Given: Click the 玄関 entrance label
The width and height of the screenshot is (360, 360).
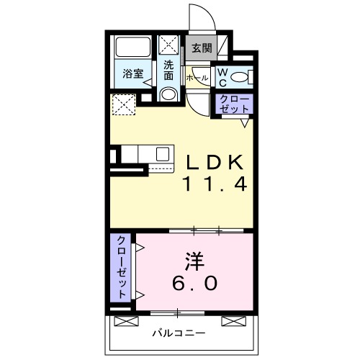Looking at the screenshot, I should point(202,49).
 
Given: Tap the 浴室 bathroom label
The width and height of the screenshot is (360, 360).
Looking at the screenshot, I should point(132,73).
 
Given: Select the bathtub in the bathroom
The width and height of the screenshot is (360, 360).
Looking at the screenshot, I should point(133,49).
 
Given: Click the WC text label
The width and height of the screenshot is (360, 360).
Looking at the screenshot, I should point(222,77).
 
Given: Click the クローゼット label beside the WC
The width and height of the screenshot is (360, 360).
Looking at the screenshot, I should point(234,104).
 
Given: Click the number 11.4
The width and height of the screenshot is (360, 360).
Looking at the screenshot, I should point(214,185).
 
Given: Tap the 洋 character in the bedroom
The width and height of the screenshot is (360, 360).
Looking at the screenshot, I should point(194,258).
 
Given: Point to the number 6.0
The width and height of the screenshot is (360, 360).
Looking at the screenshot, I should point(194,283).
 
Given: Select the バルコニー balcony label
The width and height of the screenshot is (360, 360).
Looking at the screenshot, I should point(179,333).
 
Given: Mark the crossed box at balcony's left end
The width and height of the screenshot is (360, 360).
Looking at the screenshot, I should point(125,320).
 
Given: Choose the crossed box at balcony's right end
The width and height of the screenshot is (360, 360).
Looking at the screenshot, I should point(232,320).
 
